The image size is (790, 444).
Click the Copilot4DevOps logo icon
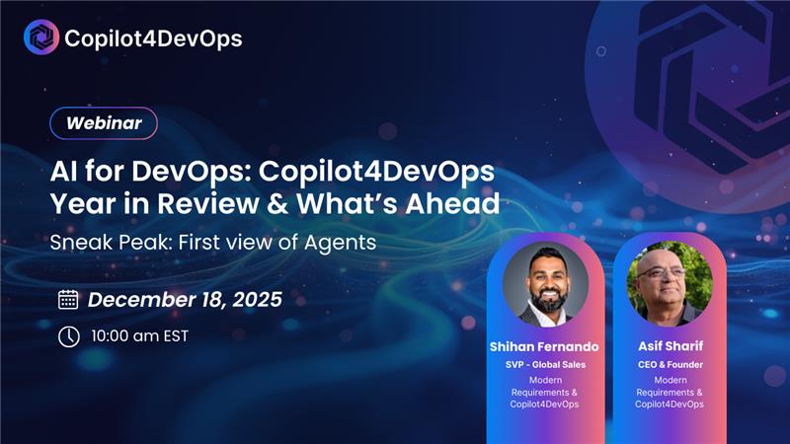pos(41,37)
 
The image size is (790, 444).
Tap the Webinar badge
pos(104,124)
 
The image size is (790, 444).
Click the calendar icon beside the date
pos(68,300)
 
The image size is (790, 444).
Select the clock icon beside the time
pos(68,336)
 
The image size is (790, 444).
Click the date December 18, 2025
pos(185,300)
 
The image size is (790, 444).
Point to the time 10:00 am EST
pos(139,336)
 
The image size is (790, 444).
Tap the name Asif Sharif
pos(669,346)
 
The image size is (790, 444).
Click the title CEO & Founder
pos(669,364)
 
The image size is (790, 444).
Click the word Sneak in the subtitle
pos(78,242)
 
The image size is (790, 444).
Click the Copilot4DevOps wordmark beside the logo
pos(153,38)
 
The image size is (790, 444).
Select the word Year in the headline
pos(78,204)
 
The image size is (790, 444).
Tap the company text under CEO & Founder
pos(669,392)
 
